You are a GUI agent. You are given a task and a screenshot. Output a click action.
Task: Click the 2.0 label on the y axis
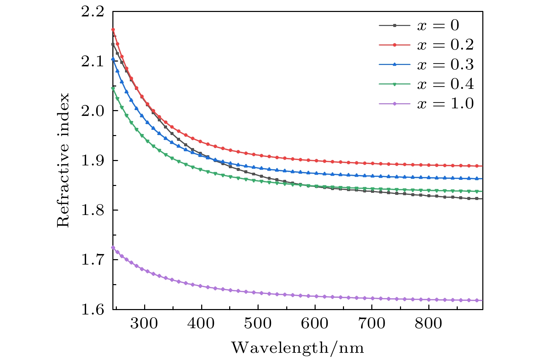92,111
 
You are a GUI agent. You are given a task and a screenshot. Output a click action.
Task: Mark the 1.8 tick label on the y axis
92,210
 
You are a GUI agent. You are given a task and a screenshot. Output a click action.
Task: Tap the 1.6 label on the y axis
92,309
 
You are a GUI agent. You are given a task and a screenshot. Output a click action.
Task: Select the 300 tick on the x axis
144,323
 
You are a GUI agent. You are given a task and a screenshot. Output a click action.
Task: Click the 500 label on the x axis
258,323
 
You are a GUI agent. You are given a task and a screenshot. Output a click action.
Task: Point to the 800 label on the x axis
428,323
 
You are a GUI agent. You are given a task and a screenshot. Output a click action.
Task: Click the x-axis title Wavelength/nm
298,348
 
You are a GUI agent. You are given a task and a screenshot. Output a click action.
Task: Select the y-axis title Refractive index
63,160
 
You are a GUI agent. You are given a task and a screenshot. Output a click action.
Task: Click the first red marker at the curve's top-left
113,30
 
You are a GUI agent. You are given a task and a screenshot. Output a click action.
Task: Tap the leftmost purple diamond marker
113,248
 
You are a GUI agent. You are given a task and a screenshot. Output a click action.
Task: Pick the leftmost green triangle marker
113,89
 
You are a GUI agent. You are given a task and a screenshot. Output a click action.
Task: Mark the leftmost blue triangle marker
113,59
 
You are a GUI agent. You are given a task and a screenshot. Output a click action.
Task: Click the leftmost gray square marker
113,44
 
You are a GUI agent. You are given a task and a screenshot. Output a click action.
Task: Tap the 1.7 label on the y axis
92,260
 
